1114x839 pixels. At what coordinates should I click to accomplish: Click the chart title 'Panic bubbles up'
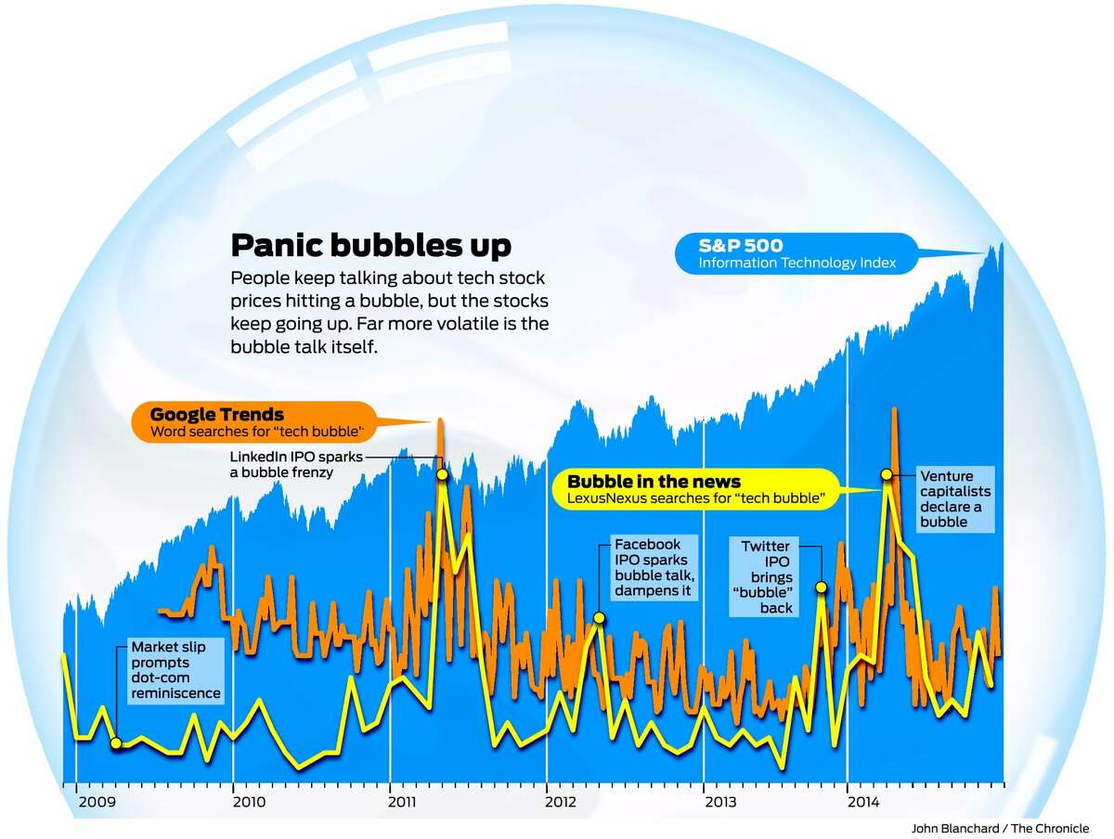click(369, 245)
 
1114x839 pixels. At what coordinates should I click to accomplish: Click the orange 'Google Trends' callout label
click(217, 415)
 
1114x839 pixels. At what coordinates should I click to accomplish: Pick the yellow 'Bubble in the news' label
click(654, 482)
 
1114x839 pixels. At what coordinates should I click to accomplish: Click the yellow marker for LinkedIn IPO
click(442, 474)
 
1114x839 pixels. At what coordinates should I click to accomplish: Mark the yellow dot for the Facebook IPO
click(599, 617)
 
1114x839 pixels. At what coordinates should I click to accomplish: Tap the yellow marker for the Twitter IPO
click(821, 587)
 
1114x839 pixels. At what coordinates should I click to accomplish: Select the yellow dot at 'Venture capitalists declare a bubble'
click(887, 474)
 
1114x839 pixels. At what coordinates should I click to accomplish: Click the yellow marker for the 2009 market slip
click(115, 742)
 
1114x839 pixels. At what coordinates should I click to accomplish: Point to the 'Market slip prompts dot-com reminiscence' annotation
click(175, 669)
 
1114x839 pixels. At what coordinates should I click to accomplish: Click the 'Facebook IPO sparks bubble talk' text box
click(654, 567)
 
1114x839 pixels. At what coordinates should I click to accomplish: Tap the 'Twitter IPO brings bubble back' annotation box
click(767, 576)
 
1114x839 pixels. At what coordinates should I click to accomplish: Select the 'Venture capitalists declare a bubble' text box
click(955, 499)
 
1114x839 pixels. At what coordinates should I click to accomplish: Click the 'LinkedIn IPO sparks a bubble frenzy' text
click(282, 464)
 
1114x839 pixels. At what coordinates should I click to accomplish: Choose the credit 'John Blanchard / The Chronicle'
click(1000, 828)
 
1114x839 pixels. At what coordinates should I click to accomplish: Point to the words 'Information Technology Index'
click(797, 264)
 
